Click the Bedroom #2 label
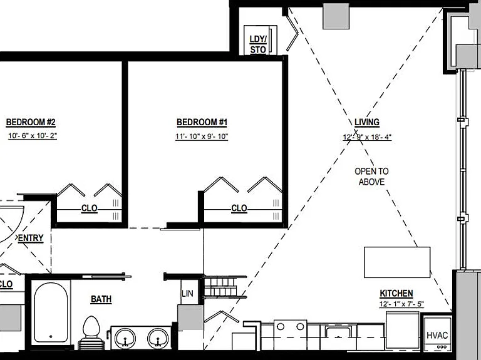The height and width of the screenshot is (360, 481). point(31,122)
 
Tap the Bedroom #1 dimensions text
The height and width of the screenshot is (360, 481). point(202,136)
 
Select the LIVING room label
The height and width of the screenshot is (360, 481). point(367,122)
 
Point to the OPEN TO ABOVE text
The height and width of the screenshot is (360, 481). point(371,177)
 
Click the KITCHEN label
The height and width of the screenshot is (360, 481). point(396,294)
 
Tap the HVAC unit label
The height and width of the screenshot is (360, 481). point(437,335)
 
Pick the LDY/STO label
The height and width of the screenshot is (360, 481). point(258,44)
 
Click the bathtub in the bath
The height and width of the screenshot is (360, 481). point(51,312)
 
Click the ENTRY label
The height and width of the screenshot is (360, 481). point(31,238)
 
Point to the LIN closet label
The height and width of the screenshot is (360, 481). point(187,294)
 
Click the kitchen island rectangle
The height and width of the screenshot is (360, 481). point(397,262)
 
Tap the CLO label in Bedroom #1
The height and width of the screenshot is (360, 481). point(239,208)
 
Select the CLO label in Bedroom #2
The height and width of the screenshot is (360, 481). point(90,208)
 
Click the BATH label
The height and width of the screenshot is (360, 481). point(101,299)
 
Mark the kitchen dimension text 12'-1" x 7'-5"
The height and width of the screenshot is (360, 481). point(401,304)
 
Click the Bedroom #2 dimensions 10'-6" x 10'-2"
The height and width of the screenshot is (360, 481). point(33,135)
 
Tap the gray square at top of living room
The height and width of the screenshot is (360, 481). point(336,16)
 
